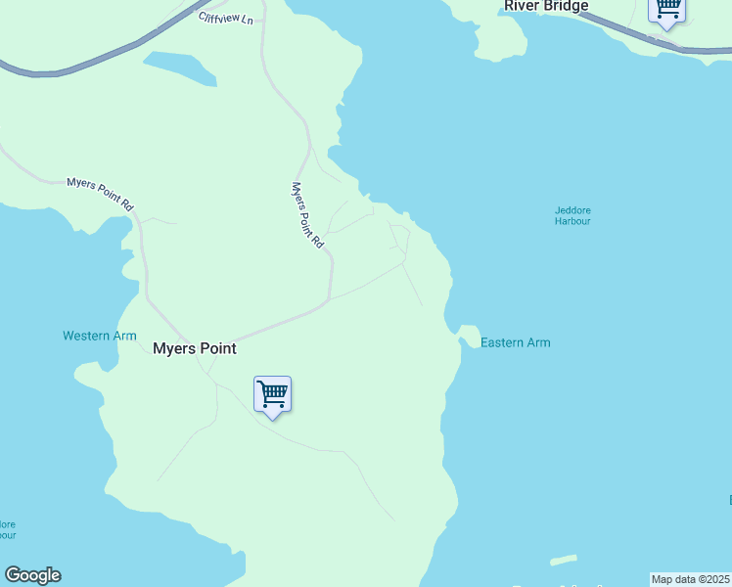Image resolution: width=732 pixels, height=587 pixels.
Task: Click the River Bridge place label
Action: pos(546,7)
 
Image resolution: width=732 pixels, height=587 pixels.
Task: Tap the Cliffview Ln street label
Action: pos(225,18)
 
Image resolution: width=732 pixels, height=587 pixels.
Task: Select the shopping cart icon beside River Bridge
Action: pos(667,9)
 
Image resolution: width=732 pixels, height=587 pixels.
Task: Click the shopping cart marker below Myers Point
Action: pos(272,394)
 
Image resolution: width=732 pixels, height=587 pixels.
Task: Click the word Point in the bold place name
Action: pos(218,348)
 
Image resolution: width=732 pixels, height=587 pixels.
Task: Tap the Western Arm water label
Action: pos(100,336)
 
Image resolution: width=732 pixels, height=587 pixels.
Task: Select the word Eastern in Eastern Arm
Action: pos(503,342)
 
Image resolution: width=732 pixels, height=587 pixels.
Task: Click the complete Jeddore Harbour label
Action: pos(572,215)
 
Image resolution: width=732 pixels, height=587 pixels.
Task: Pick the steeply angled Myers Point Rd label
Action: pos(307,214)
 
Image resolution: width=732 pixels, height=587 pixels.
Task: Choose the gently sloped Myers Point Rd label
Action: pos(99,194)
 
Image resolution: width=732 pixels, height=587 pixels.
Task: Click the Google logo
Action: pos(32,575)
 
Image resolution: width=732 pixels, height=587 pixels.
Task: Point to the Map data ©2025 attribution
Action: pos(691,579)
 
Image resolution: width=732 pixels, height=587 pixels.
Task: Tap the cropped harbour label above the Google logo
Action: pos(7,529)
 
